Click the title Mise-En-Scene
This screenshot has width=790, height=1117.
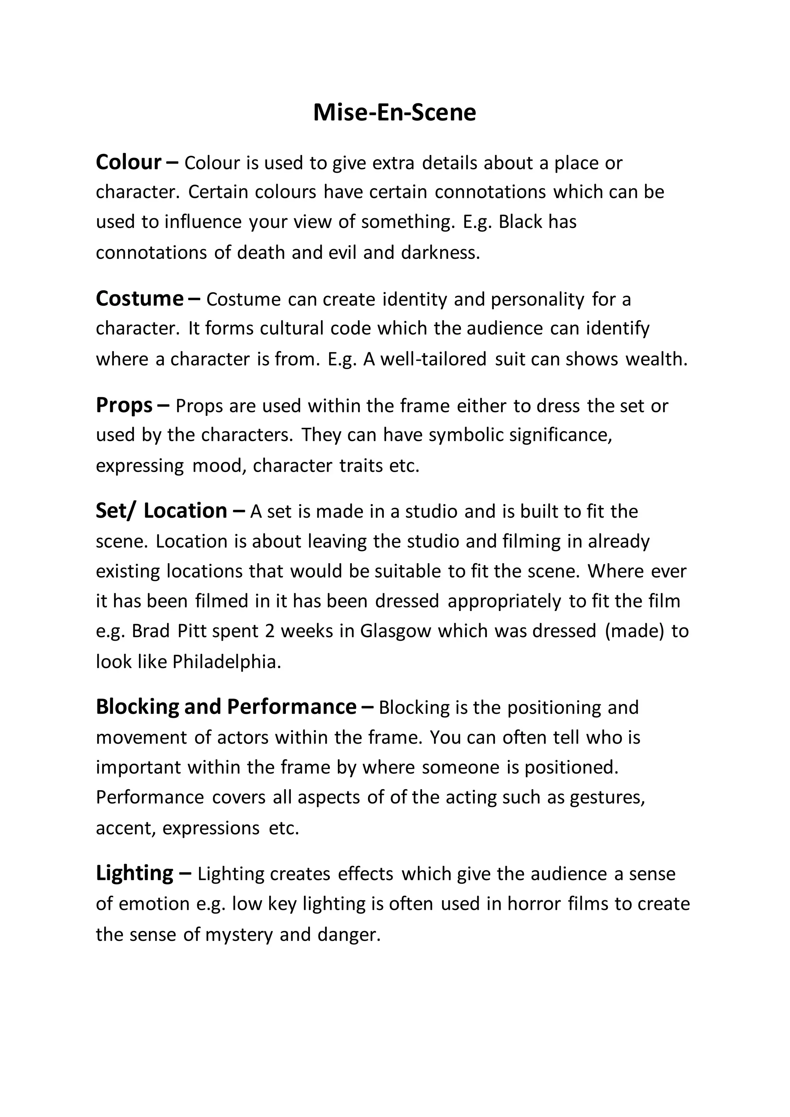[x=395, y=112]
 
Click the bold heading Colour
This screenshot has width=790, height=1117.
[x=128, y=162]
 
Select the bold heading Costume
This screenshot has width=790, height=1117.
[x=140, y=299]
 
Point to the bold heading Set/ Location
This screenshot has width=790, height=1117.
[x=162, y=511]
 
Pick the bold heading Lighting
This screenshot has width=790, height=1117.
[x=135, y=873]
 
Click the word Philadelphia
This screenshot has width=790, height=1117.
[x=227, y=661]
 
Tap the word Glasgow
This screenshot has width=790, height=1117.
[x=395, y=631]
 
